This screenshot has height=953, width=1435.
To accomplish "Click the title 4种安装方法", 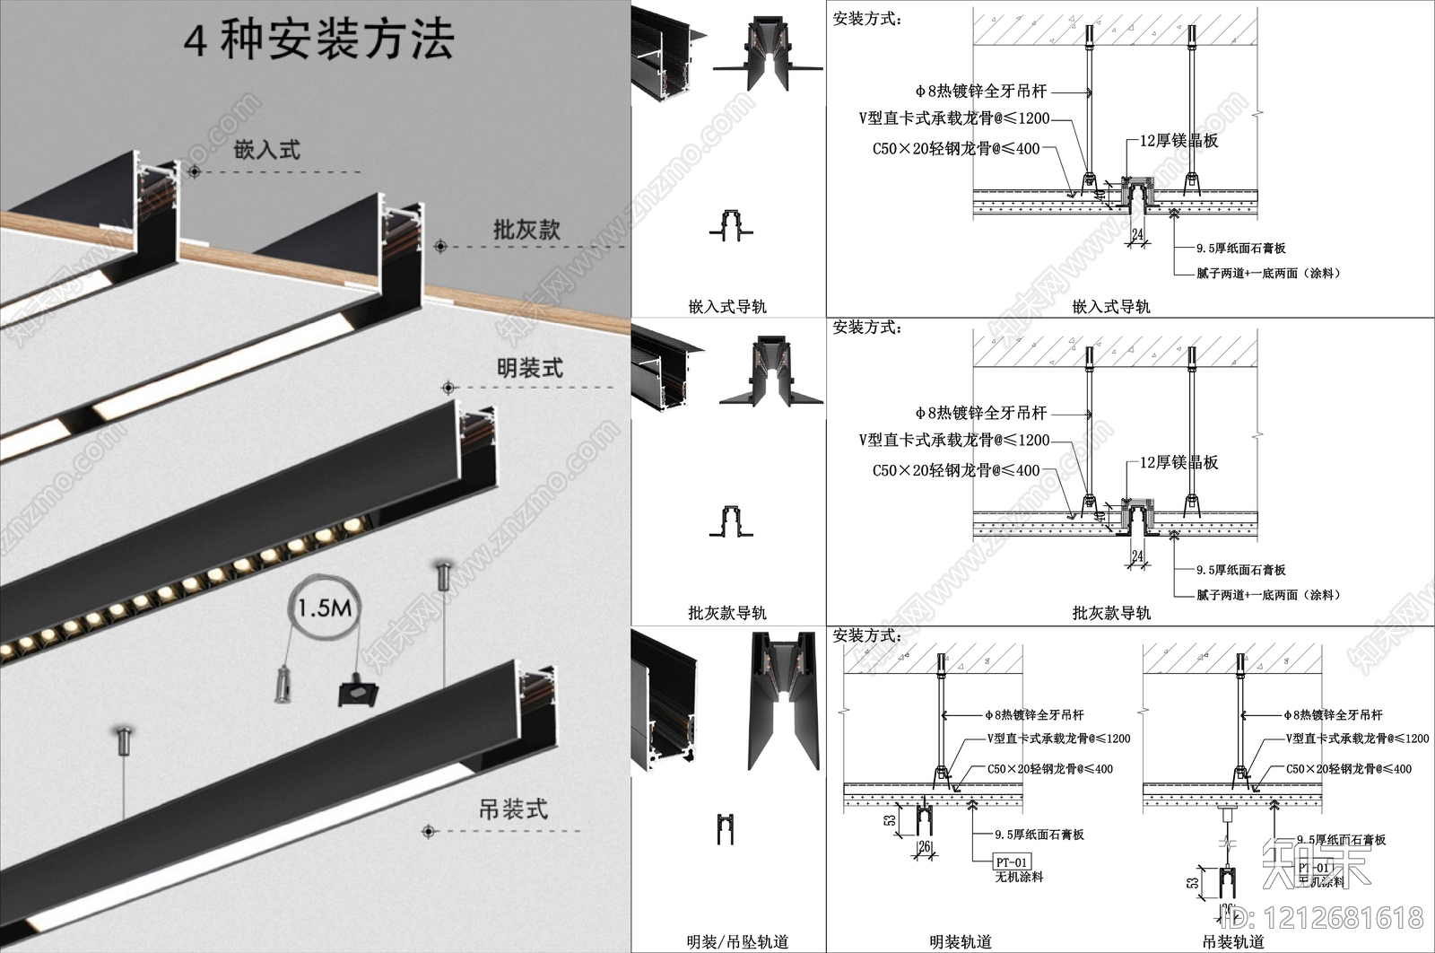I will [318, 40].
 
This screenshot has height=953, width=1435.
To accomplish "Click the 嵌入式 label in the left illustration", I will [266, 150].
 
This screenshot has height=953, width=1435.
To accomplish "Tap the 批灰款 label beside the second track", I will [526, 230].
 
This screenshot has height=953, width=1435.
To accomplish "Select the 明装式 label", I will [530, 368].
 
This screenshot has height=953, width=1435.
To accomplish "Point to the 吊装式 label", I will [512, 809].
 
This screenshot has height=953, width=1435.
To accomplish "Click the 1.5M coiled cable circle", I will [325, 608].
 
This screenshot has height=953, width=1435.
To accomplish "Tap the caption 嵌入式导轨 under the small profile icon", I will [727, 307].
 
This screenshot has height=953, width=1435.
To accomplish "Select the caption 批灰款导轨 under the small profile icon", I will [727, 613].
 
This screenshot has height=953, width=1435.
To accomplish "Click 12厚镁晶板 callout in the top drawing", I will [1178, 141].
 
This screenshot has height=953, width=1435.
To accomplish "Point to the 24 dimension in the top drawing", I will [1137, 235].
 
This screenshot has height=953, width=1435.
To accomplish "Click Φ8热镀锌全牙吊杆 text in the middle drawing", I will [981, 413].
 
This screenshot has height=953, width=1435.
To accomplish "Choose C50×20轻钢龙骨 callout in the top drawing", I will [956, 149].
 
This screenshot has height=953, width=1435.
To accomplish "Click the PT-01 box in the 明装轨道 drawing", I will [1011, 862].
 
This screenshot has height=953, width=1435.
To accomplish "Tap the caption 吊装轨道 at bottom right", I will [1233, 941].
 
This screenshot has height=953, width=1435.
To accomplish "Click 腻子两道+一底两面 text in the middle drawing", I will [1267, 595].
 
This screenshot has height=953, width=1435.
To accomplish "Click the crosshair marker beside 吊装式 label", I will [429, 831].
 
